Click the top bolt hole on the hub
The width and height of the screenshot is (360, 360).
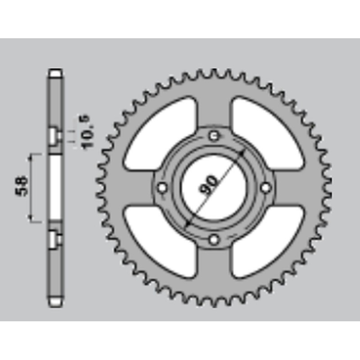(x=214, y=135)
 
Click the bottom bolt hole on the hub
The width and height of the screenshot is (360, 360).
(x=214, y=238)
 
